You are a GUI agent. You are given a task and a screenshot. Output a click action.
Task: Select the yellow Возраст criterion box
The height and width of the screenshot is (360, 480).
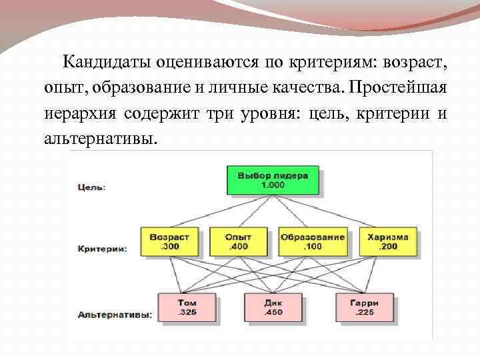click(170, 241)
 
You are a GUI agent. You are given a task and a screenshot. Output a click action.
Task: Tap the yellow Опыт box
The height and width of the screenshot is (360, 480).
click(238, 241)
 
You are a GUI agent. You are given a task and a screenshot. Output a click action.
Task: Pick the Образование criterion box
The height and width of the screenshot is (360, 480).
click(313, 241)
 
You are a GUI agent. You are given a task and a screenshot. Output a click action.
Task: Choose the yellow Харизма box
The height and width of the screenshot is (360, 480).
click(387, 241)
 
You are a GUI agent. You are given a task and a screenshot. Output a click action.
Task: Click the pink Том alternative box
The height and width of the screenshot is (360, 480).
click(187, 307)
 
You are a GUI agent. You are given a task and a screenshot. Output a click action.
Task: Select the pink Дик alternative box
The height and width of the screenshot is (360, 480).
click(274, 307)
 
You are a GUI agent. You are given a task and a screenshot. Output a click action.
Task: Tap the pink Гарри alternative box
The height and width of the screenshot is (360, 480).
click(363, 307)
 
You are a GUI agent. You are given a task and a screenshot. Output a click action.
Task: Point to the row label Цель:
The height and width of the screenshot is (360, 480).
click(91, 187)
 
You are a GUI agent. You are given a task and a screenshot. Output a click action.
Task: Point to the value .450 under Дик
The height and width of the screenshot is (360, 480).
click(273, 311)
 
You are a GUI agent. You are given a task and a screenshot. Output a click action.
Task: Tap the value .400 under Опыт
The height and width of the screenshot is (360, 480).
click(237, 247)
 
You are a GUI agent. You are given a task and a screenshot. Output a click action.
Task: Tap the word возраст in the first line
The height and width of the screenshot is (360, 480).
click(415, 63)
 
